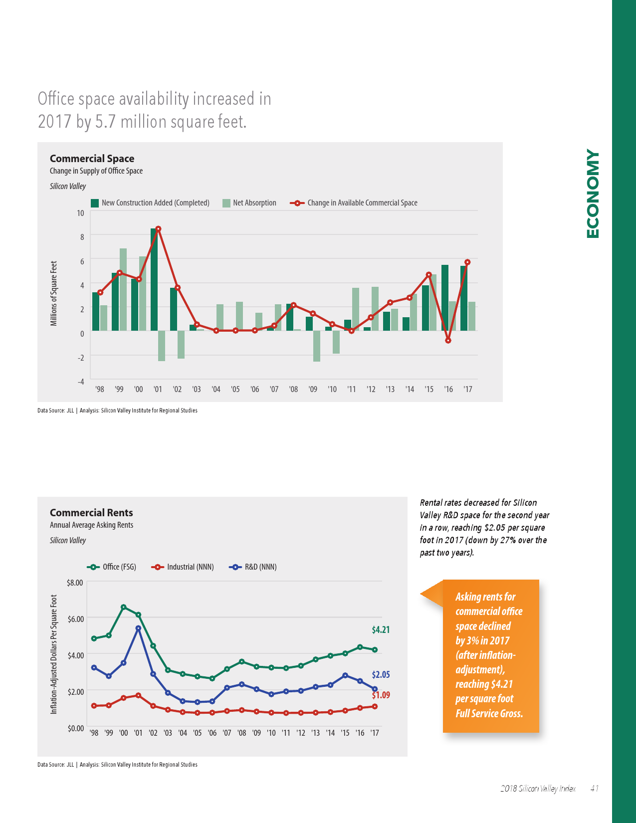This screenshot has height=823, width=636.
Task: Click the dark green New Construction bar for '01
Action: [x=154, y=279]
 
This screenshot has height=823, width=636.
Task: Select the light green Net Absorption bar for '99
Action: [x=123, y=289]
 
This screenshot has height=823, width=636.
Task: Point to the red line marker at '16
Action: [x=448, y=341]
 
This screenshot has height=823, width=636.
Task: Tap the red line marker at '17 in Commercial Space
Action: [x=467, y=262]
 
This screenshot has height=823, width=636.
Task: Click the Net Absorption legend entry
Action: [x=249, y=203]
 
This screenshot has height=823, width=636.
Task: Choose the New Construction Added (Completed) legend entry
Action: [x=150, y=203]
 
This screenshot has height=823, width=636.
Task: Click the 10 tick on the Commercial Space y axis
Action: [x=80, y=213]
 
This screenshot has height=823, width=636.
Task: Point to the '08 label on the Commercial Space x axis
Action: [x=293, y=389]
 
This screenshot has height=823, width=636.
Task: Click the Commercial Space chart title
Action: [x=92, y=159]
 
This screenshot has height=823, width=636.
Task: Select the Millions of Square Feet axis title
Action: [x=54, y=294]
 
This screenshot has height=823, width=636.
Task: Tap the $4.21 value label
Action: [x=381, y=630]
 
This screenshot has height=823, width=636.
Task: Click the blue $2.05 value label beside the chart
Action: [x=381, y=675]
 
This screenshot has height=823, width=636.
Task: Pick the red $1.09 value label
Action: [x=381, y=695]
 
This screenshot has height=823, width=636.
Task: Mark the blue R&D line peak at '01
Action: [x=138, y=628]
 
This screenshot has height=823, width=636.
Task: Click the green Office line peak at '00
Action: [x=123, y=607]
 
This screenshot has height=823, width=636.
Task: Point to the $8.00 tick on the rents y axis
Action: [x=75, y=583]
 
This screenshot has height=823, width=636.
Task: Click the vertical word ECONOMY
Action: [x=593, y=194]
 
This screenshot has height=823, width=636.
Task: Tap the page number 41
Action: [x=594, y=789]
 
